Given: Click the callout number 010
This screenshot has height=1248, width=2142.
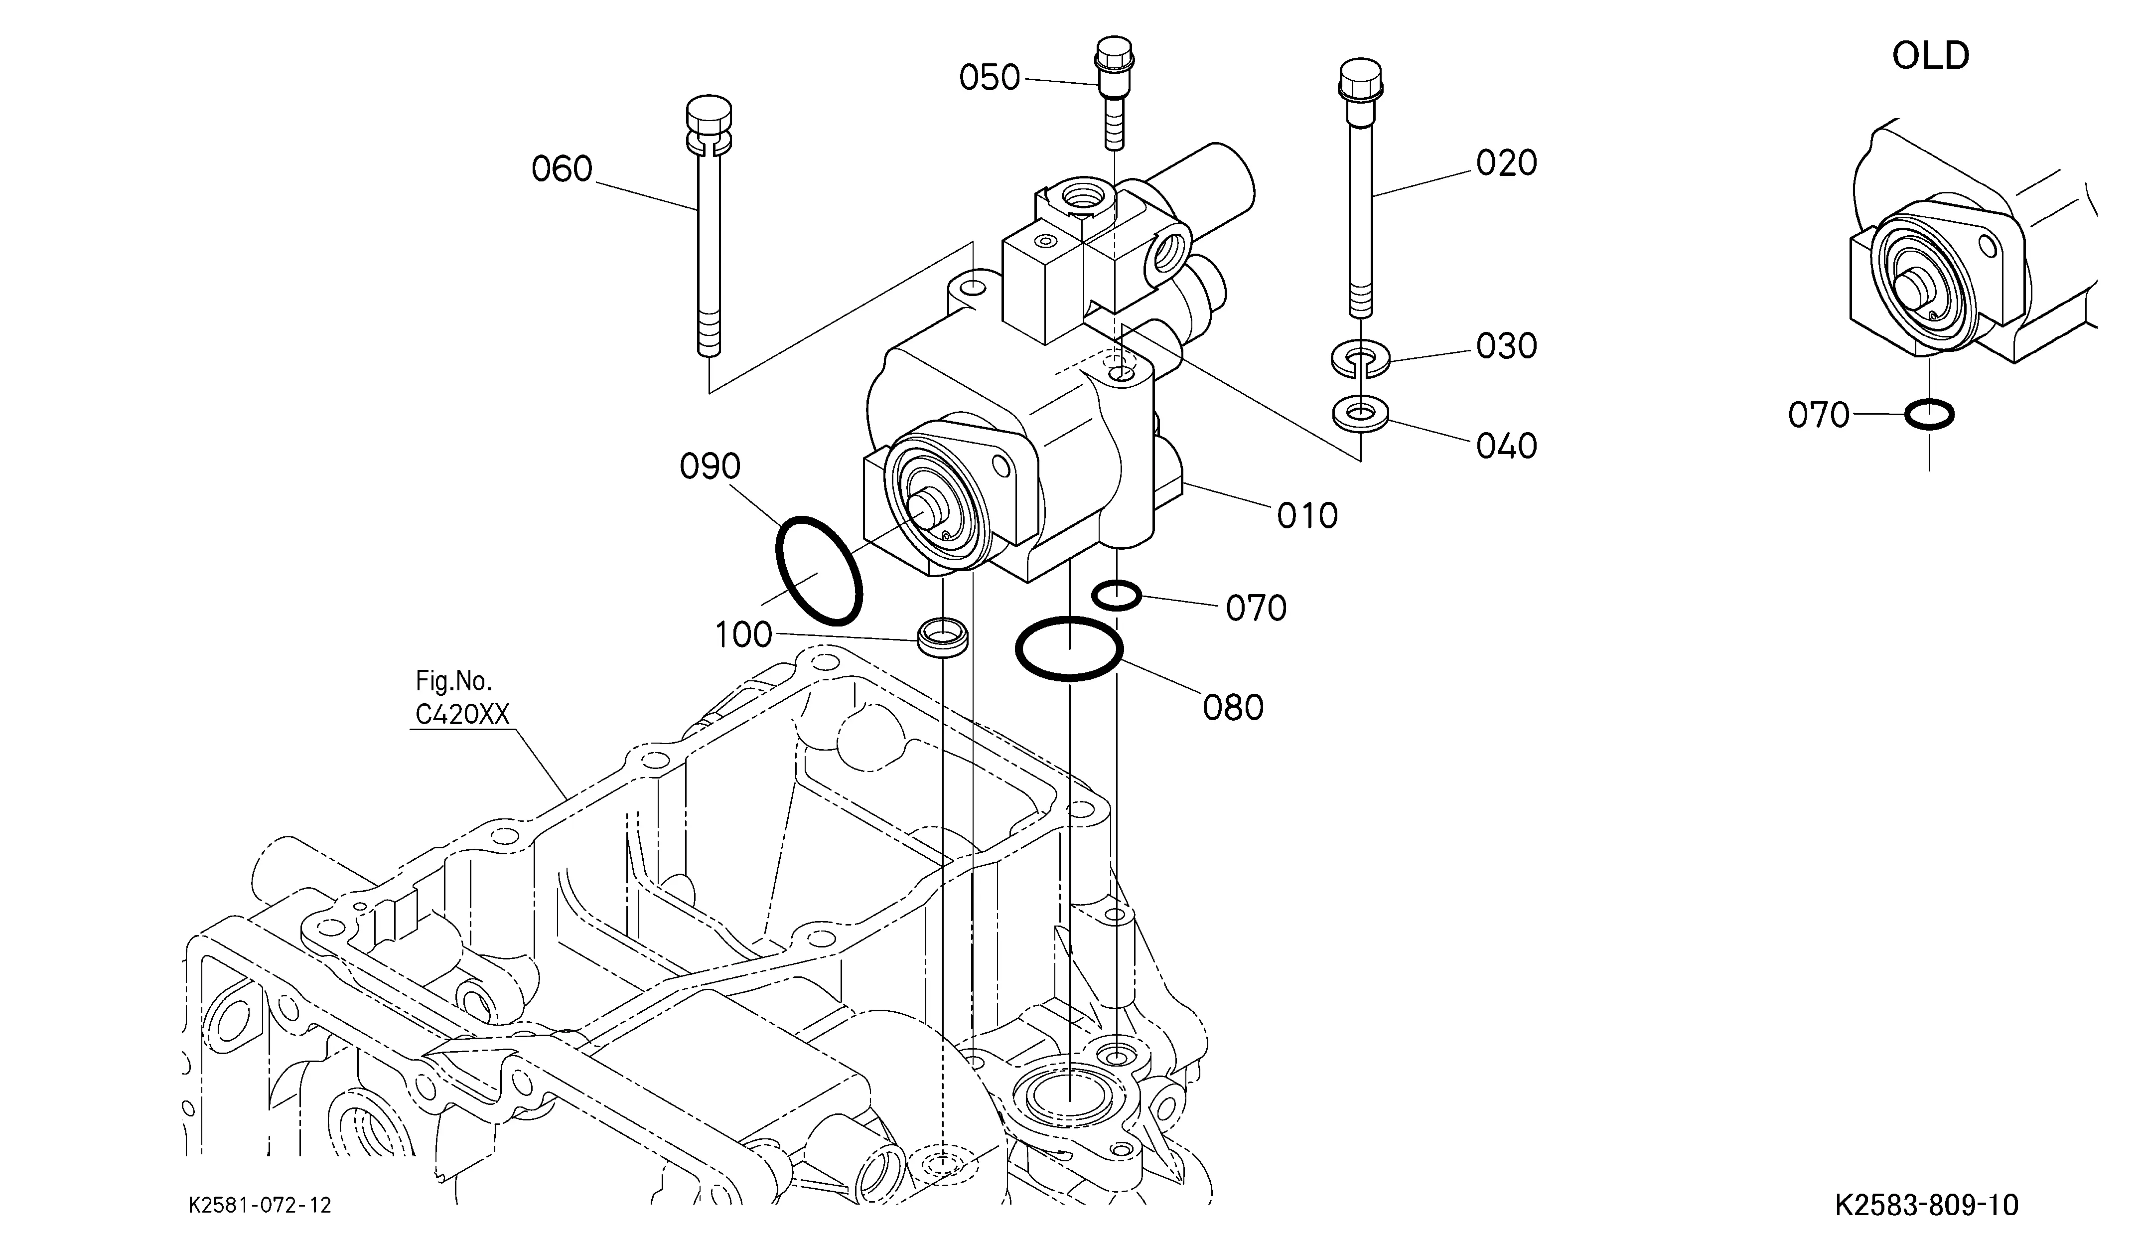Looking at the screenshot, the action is pyautogui.click(x=1307, y=516).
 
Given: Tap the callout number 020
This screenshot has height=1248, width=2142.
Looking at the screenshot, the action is pyautogui.click(x=1506, y=163).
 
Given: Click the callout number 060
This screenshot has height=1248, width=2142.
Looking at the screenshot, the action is pyautogui.click(x=562, y=169).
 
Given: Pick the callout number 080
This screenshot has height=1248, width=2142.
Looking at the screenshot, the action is pyautogui.click(x=1233, y=707).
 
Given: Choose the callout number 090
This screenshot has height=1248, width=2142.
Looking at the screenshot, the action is pyautogui.click(x=710, y=467).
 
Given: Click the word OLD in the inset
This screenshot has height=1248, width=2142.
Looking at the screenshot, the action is pyautogui.click(x=1930, y=56).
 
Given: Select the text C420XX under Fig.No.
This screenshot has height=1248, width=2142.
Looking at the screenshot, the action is pyautogui.click(x=462, y=715).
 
